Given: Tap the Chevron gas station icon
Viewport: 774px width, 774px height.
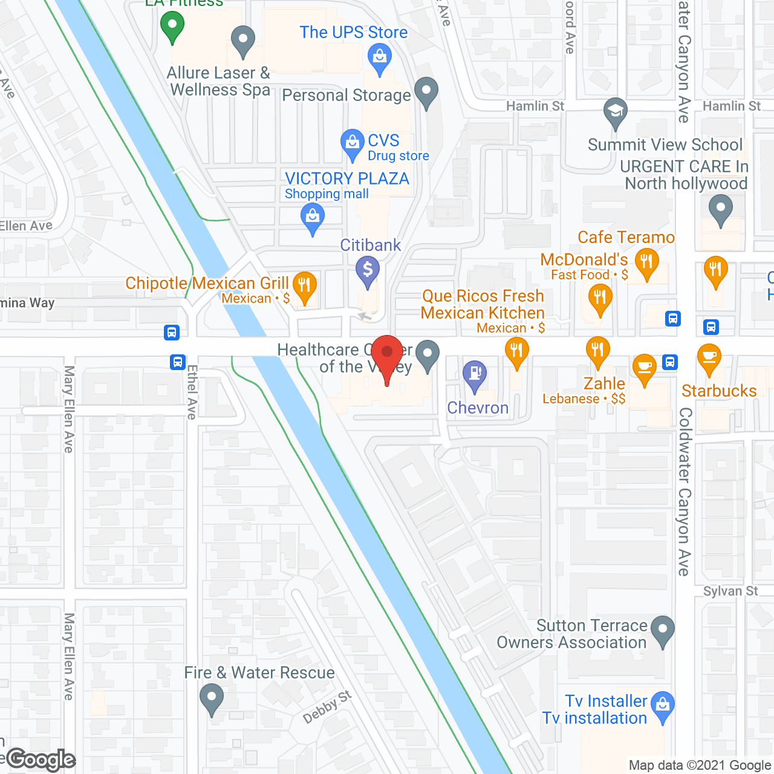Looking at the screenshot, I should (x=475, y=374).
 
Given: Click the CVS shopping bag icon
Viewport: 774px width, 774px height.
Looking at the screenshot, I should (x=352, y=143).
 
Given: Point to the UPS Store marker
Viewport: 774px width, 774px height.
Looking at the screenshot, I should (x=380, y=58).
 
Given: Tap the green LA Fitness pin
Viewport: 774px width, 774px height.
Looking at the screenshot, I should (x=172, y=26).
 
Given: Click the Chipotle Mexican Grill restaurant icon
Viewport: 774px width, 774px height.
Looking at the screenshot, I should (x=304, y=285).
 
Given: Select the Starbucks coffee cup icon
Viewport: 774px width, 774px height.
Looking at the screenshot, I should (x=709, y=357).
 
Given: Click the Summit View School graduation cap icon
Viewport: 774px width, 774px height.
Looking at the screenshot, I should (x=616, y=112).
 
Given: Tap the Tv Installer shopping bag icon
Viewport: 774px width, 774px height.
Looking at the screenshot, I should (x=663, y=705).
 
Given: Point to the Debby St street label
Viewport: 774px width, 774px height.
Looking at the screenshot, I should (x=327, y=707).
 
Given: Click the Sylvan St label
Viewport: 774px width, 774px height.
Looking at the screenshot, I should (x=730, y=591).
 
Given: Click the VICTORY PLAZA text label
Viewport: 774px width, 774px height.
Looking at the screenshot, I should (x=347, y=178).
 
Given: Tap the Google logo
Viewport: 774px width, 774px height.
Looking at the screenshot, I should (x=41, y=759).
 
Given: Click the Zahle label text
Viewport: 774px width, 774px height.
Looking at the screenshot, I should (x=604, y=383).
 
